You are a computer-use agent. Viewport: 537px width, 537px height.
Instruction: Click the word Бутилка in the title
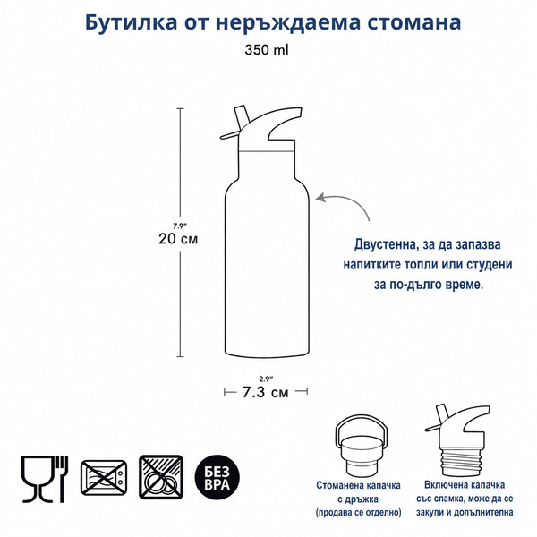[x=132, y=22]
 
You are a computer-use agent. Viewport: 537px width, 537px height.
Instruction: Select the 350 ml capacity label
[x=267, y=50]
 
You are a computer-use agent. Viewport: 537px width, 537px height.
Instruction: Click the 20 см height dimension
[x=178, y=239]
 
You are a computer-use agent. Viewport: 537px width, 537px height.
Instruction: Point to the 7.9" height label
[x=180, y=226]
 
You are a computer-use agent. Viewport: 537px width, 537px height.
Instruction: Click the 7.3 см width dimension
[x=266, y=392]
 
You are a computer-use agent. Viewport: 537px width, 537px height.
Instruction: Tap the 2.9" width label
[x=266, y=379]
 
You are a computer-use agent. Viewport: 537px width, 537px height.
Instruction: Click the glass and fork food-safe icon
[x=45, y=479]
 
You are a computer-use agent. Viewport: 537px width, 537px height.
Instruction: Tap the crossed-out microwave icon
[x=104, y=477]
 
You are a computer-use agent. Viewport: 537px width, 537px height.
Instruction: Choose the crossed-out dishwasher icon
[x=161, y=477]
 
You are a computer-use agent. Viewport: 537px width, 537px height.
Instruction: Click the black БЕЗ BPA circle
[x=217, y=477]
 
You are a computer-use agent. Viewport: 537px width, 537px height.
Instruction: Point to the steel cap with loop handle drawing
[x=362, y=445]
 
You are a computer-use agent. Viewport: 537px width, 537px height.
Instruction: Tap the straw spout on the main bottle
[x=241, y=116]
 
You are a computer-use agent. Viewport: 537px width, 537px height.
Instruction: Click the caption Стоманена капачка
[x=358, y=485]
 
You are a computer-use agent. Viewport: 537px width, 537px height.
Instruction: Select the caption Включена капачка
[x=465, y=485]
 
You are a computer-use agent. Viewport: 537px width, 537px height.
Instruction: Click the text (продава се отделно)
[x=358, y=512]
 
